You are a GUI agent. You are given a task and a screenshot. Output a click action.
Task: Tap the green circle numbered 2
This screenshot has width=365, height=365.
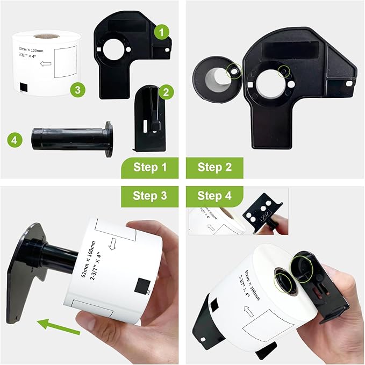(x=165, y=92)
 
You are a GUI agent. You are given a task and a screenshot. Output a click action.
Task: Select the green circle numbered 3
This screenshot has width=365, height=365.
(x=78, y=90)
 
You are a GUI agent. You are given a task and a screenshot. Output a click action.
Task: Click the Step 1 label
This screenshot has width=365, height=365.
(x=148, y=167)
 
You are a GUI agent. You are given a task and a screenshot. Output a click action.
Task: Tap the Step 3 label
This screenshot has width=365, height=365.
(x=148, y=195)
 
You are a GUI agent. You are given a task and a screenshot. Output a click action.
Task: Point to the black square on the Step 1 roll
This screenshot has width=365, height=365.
(x=23, y=87)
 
